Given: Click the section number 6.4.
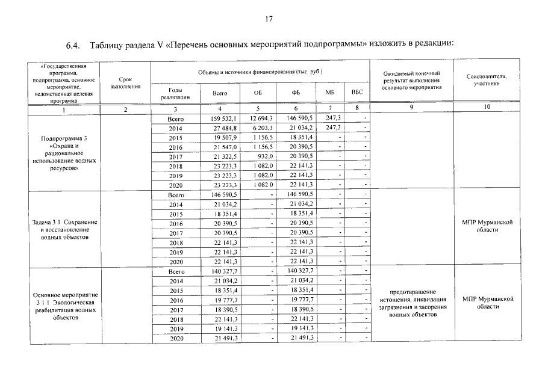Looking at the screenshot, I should (74, 45).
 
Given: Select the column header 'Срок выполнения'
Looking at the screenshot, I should (125, 82).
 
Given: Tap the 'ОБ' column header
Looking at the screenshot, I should (258, 93).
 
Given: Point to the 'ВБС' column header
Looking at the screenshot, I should (357, 93).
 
